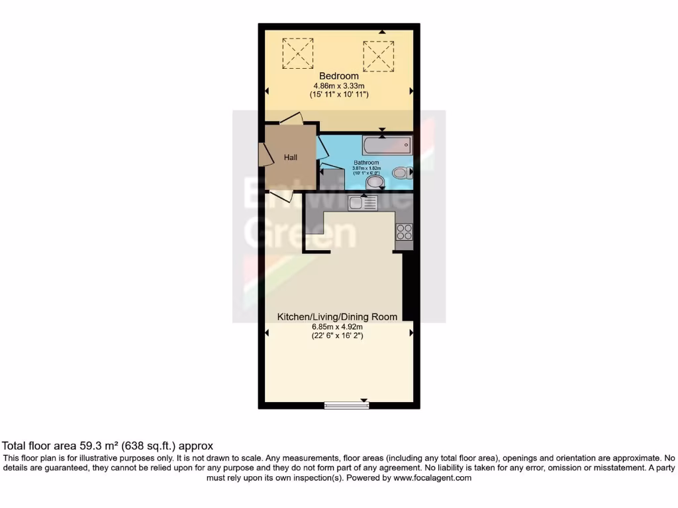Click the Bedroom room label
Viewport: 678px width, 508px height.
point(338,76)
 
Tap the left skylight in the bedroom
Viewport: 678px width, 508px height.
point(298,53)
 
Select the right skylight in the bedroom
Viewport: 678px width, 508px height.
point(379,56)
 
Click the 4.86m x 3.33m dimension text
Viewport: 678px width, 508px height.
point(338,85)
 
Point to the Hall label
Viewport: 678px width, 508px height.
point(291,157)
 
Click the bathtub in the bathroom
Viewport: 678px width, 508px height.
point(387,144)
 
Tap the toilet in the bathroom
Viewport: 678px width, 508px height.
point(401,173)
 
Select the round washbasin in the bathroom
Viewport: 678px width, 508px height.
point(375,181)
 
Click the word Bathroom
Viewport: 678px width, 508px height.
point(365,162)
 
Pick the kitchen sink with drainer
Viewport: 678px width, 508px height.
point(364,203)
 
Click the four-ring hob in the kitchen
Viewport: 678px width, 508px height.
point(403,232)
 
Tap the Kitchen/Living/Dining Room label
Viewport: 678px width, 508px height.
point(337,317)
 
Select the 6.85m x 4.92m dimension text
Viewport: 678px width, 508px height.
point(338,327)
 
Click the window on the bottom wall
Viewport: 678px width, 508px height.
point(346,405)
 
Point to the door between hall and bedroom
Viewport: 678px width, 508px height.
point(291,119)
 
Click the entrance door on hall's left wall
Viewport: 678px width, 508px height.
point(264,153)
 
